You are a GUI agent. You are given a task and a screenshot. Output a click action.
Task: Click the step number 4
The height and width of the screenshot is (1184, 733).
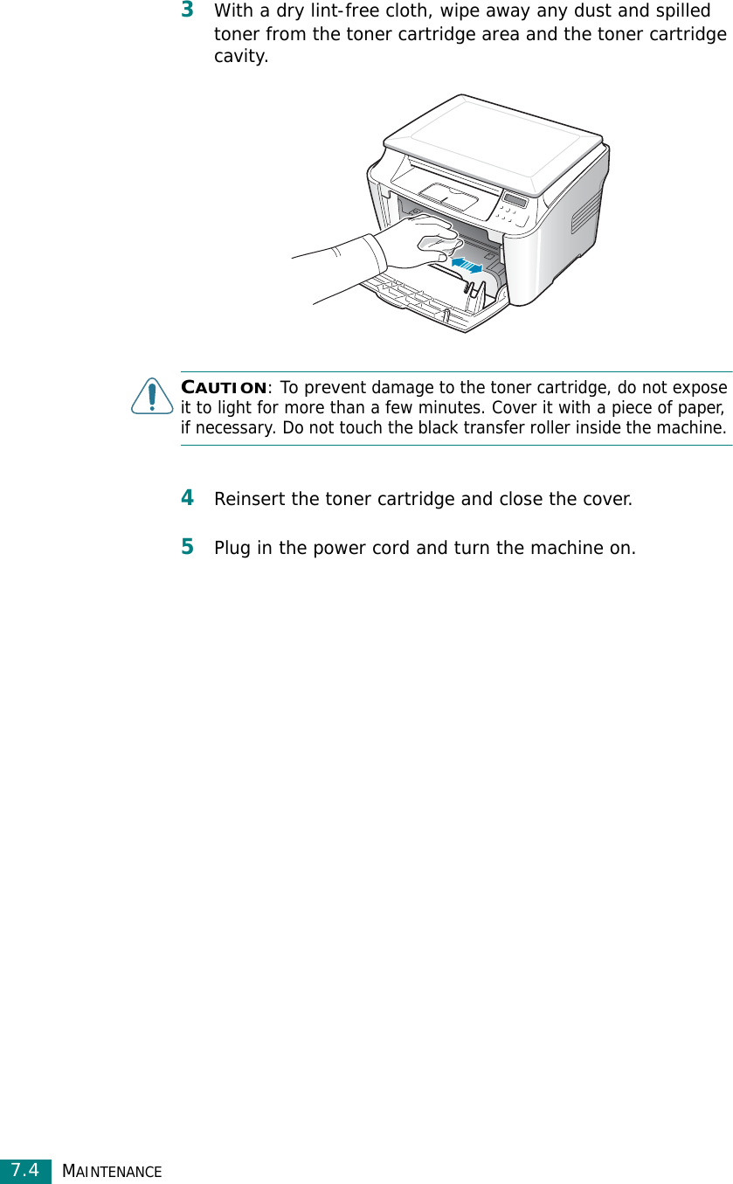(187, 498)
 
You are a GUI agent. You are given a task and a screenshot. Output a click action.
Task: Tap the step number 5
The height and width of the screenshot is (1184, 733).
(187, 547)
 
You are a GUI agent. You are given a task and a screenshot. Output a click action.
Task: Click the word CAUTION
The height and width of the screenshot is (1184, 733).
(224, 387)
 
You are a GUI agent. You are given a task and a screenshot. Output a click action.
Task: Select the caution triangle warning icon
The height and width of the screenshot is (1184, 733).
(152, 397)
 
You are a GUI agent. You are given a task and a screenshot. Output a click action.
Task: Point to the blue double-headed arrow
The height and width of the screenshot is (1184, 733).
(467, 263)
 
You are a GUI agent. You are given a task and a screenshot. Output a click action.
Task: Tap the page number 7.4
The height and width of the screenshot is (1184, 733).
(25, 1170)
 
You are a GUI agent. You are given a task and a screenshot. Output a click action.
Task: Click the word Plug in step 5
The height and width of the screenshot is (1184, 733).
(233, 549)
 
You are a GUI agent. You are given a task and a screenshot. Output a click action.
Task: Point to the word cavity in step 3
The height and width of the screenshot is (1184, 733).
(241, 58)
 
